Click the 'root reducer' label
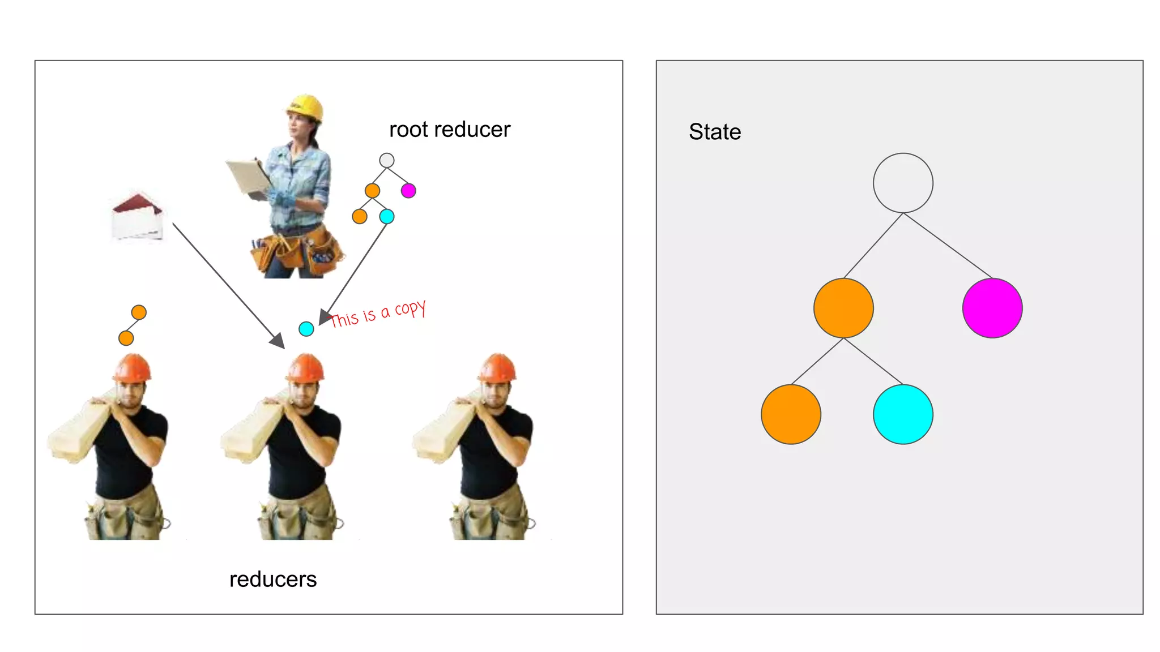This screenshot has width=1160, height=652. (449, 130)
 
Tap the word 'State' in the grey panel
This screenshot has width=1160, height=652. (715, 132)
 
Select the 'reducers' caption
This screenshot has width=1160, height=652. (273, 580)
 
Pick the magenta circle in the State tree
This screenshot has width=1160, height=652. (992, 308)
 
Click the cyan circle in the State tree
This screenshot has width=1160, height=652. (903, 414)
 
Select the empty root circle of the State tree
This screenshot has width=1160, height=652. (903, 183)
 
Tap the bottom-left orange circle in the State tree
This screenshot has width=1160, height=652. (791, 414)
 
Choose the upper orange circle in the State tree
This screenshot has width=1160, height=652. (843, 308)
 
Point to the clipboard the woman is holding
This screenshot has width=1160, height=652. (248, 177)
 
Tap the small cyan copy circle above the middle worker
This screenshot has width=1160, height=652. (306, 329)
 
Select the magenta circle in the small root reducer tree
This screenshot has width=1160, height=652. (408, 191)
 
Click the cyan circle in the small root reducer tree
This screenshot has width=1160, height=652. (387, 216)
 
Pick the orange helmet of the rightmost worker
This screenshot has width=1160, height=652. (497, 368)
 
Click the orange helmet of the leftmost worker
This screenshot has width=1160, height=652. (133, 368)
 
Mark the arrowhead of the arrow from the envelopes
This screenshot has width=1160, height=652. (278, 341)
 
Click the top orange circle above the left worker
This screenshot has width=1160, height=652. (139, 312)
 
